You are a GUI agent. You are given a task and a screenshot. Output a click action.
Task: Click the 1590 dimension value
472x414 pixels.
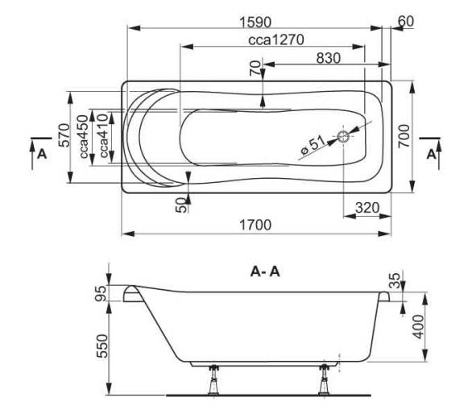[x=255, y=23]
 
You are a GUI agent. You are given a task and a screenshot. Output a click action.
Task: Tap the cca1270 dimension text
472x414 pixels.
[x=276, y=40]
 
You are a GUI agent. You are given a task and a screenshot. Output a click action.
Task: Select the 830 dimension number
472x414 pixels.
[x=329, y=58]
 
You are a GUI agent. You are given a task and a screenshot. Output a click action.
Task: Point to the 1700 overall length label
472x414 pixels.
[x=255, y=225]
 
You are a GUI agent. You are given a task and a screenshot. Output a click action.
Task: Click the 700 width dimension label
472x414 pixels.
[x=404, y=136]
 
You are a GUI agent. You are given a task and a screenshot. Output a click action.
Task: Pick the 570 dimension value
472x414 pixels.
[x=64, y=135]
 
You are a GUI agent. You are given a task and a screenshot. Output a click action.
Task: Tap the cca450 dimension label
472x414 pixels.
[x=84, y=136]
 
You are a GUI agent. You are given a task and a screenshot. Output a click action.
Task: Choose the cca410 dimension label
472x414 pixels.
[x=104, y=135]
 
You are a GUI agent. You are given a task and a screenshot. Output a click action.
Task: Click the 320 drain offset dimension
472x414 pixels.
[x=367, y=208]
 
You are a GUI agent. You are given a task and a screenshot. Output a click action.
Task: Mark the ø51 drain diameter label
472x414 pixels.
[x=313, y=145]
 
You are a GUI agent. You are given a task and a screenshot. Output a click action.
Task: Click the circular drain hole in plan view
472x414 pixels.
[x=343, y=137]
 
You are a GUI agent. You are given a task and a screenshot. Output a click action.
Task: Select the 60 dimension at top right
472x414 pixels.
[x=406, y=22]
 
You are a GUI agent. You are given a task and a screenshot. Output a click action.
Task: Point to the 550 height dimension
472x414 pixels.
[x=102, y=346]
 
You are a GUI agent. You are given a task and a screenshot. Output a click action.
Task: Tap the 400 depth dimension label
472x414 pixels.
[x=417, y=327]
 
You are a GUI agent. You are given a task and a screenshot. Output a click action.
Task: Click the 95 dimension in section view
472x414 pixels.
[x=101, y=293]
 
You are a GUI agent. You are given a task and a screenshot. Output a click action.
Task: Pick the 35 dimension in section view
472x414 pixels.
[x=395, y=280]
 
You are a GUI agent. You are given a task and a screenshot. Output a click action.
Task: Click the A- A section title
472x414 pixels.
[x=265, y=272]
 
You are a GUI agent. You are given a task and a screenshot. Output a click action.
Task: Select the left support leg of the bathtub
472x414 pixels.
[x=214, y=379]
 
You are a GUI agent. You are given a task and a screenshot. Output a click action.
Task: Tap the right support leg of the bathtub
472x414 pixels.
[x=325, y=379]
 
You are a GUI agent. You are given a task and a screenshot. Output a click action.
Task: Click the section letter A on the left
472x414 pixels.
[x=42, y=154]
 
